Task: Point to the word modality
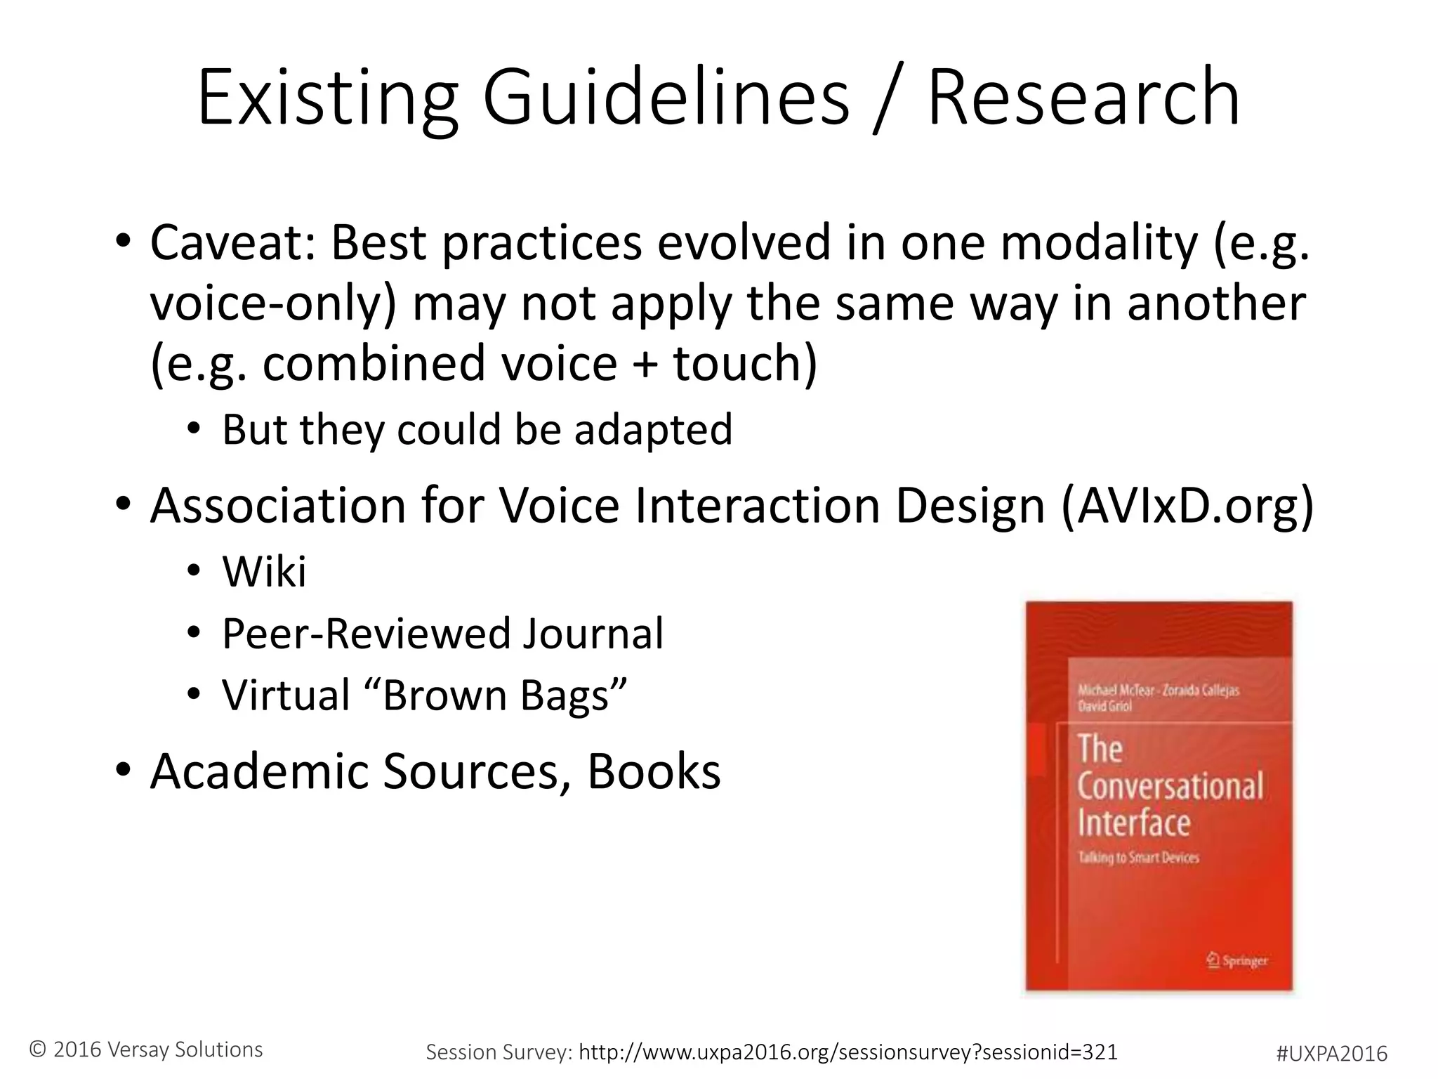pos(1099,242)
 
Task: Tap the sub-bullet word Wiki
pos(264,571)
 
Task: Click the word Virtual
pos(286,695)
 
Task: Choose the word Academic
pos(260,771)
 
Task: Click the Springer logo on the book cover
pos(1237,960)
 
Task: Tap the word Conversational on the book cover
pos(1170,786)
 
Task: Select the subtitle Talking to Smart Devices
pos(1138,857)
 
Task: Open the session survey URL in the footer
pos(847,1052)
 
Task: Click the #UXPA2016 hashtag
pos(1331,1053)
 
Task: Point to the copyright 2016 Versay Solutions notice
pos(146,1049)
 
